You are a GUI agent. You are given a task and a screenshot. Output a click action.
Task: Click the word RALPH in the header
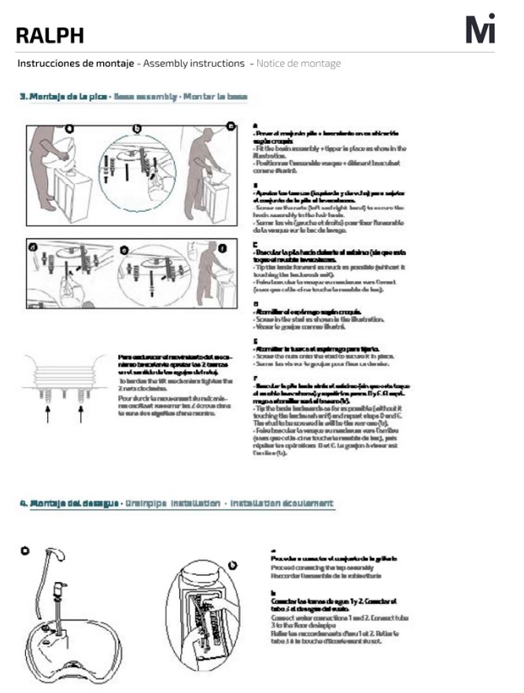click(50, 35)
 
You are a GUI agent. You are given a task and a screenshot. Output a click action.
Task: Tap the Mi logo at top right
click(481, 29)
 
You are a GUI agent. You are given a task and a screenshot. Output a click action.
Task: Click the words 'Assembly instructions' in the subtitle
click(192, 63)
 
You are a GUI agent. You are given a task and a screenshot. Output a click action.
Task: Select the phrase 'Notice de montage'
click(298, 63)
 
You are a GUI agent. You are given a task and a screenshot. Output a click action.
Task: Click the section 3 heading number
click(23, 97)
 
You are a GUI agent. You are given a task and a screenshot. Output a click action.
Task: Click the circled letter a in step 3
click(70, 127)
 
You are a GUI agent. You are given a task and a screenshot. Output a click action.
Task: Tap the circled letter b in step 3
click(137, 127)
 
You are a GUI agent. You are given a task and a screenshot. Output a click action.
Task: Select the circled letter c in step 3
click(231, 126)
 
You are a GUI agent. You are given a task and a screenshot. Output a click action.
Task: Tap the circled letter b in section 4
click(232, 564)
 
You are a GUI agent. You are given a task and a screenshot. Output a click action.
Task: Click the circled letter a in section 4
click(25, 551)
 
